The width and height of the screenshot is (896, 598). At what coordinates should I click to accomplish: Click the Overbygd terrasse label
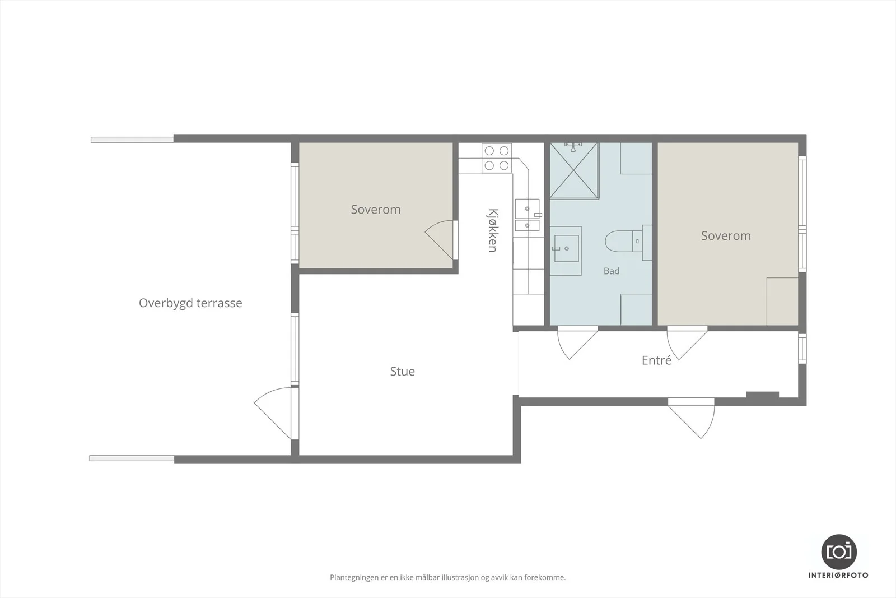pos(190,303)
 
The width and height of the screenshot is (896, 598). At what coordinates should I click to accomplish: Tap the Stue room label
pos(403,372)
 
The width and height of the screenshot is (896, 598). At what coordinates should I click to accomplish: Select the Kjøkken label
pos(493,230)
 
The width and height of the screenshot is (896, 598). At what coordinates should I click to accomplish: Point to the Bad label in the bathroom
pos(612,271)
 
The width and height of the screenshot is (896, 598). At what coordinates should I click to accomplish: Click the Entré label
pos(656,360)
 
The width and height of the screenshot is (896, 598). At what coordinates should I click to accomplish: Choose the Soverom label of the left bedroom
pos(376,210)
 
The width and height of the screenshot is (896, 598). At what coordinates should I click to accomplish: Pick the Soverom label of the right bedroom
pos(726,236)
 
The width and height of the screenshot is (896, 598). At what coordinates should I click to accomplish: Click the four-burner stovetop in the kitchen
pos(496,158)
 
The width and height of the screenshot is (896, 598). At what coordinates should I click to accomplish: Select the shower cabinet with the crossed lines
pos(575,170)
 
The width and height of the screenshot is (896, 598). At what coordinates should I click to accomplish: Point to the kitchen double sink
pos(527,215)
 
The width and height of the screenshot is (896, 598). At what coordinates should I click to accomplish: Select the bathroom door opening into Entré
pos(577,342)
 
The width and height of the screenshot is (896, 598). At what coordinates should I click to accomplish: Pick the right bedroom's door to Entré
pos(687,342)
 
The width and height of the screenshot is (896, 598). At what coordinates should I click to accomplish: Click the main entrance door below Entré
pos(691,418)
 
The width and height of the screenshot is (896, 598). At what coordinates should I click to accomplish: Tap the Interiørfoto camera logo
pos(839,552)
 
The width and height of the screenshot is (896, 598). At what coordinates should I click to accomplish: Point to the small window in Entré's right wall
pos(802,349)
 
